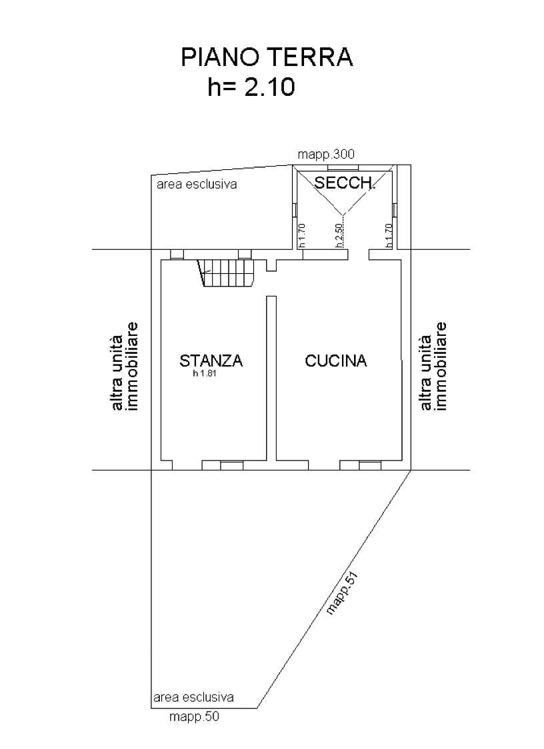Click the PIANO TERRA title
click(267, 57)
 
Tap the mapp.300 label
click(326, 155)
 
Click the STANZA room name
click(211, 360)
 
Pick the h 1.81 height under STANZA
click(205, 374)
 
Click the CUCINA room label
click(335, 360)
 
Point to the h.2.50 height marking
click(339, 235)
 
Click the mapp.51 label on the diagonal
click(342, 592)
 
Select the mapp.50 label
click(194, 716)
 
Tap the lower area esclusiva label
click(193, 697)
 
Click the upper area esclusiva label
click(197, 184)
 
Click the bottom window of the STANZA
click(231, 465)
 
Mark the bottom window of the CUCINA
click(370, 465)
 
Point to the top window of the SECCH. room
click(343, 168)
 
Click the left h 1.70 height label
click(301, 235)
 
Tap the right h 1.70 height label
click(388, 235)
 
